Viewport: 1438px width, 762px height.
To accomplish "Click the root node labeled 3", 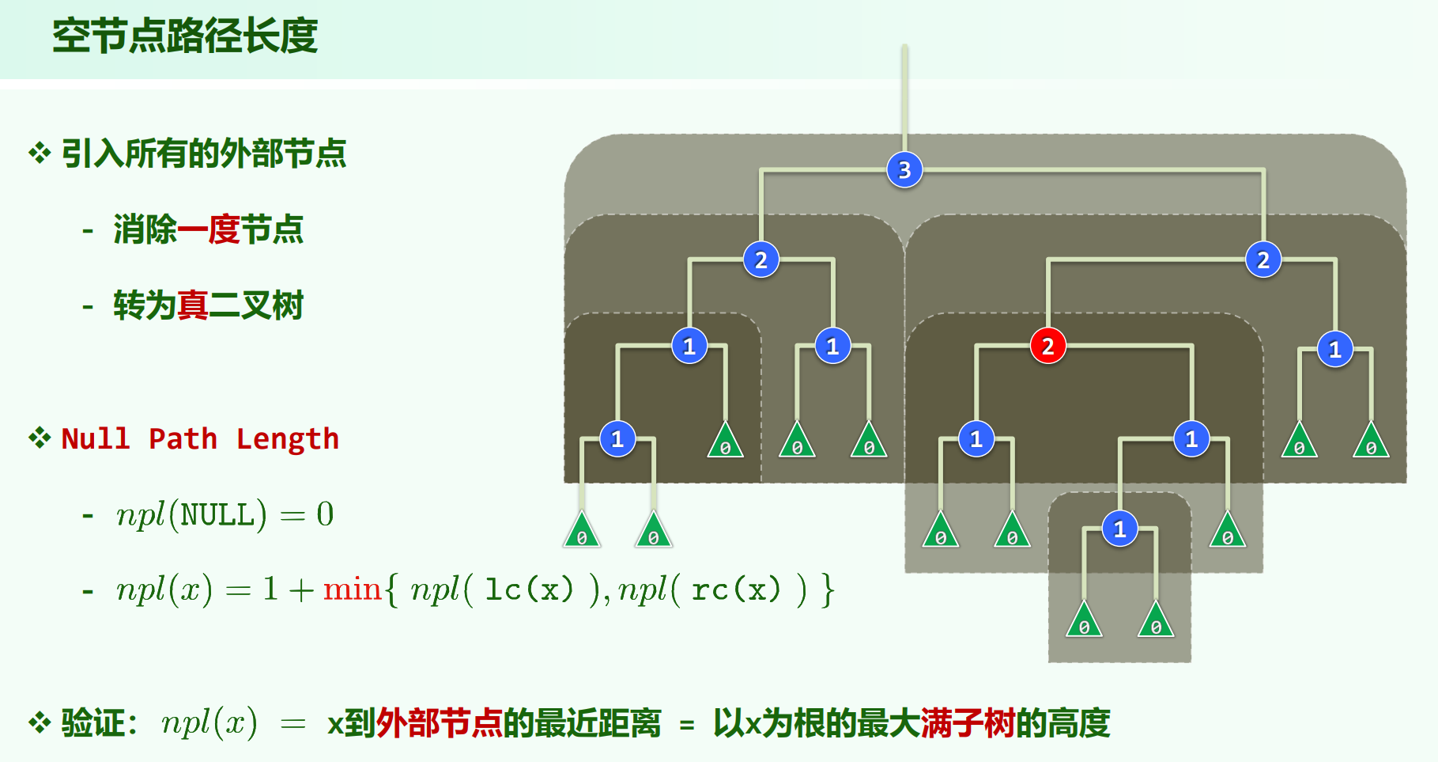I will point(904,169).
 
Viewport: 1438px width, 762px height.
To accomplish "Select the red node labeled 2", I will point(1047,346).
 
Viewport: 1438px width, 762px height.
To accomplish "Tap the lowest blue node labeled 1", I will point(1119,529).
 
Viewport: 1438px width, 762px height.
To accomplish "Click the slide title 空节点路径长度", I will point(185,36).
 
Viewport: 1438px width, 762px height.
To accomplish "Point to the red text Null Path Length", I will point(200,438).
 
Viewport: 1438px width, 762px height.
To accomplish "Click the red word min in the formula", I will point(352,590).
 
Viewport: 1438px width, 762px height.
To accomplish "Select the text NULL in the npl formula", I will point(218,515).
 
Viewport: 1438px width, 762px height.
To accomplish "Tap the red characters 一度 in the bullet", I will point(209,229).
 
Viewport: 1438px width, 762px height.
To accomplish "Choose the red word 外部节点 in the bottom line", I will point(440,723).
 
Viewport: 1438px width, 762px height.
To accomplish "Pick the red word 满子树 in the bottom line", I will point(968,723).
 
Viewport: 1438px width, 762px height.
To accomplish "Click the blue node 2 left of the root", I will point(761,260).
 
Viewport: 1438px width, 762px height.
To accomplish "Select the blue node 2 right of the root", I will point(1262,260).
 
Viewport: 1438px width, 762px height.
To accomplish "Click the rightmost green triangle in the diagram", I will point(1371,442).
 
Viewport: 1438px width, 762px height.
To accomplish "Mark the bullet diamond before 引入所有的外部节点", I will point(40,153).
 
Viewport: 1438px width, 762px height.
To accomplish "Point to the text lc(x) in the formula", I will point(528,590).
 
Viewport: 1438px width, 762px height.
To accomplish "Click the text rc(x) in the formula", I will point(735,590).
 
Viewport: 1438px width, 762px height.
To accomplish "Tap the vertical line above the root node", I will point(904,95).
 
